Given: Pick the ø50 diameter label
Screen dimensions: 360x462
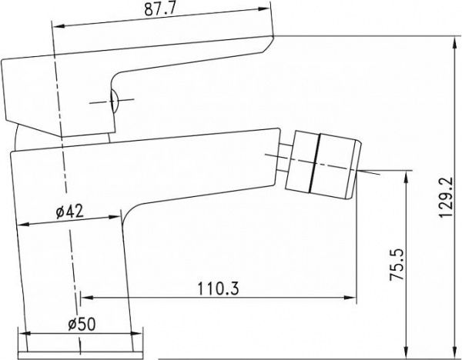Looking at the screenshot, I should pyautogui.click(x=82, y=324).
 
